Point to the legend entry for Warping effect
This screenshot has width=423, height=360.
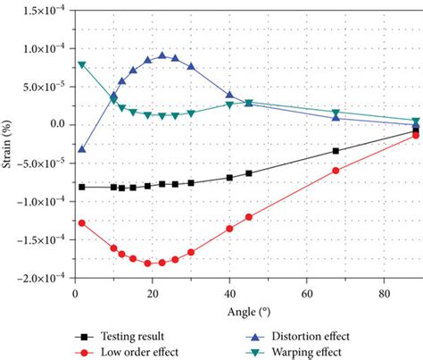point(303,351)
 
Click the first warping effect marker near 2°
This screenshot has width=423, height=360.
point(82,64)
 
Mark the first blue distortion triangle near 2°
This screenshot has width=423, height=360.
point(82,149)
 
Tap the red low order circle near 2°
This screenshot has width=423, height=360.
point(82,222)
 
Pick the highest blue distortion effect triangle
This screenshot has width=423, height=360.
point(162,55)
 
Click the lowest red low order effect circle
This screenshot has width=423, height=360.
point(162,263)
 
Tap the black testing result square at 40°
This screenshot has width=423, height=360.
point(229,177)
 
